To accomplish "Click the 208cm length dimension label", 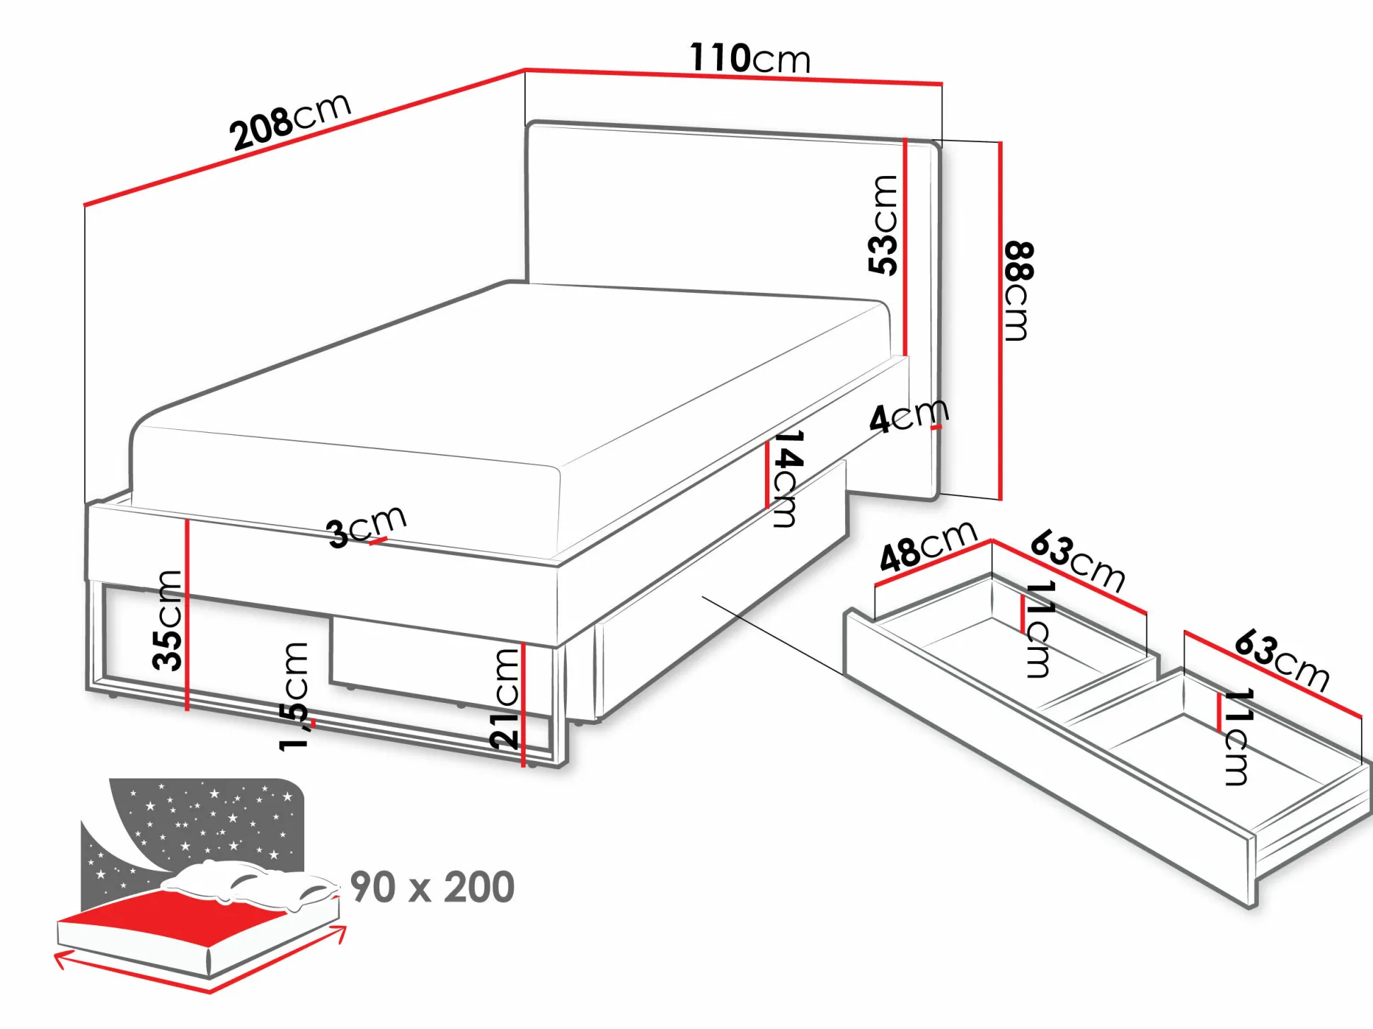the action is coord(291,121).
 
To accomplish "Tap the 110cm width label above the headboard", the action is coord(750,58).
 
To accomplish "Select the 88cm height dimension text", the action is coord(1018,291).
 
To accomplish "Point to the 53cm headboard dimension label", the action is coord(883,225).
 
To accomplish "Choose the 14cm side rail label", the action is coord(787,478).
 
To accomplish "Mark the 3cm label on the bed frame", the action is coord(366,526).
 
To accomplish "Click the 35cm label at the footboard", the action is coord(168,620).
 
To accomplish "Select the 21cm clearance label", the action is coord(505,699).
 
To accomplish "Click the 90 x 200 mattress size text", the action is coord(432,888).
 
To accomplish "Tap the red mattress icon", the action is coord(173,916).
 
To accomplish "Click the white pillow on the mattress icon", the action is coord(248,884).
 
